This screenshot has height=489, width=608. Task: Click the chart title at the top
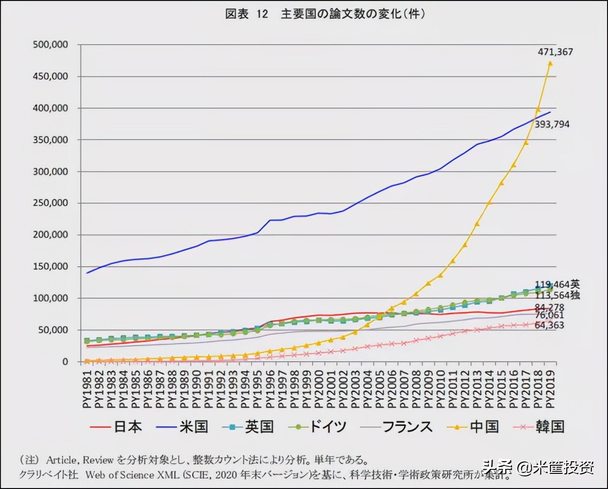(x=324, y=14)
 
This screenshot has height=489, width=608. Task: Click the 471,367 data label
(x=555, y=52)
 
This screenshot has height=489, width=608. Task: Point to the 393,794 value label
(x=552, y=124)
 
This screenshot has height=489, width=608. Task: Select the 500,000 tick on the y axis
(x=50, y=44)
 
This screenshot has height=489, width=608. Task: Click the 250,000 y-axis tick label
(x=50, y=203)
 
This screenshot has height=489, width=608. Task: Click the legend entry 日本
(x=127, y=427)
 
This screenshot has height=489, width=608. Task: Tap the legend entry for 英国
(x=259, y=427)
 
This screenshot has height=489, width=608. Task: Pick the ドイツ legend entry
(x=328, y=427)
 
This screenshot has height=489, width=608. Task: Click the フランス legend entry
(x=408, y=427)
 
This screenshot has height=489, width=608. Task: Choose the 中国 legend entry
(x=484, y=427)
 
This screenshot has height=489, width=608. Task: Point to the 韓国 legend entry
(x=550, y=427)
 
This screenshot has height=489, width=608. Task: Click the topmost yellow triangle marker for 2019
(x=550, y=63)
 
